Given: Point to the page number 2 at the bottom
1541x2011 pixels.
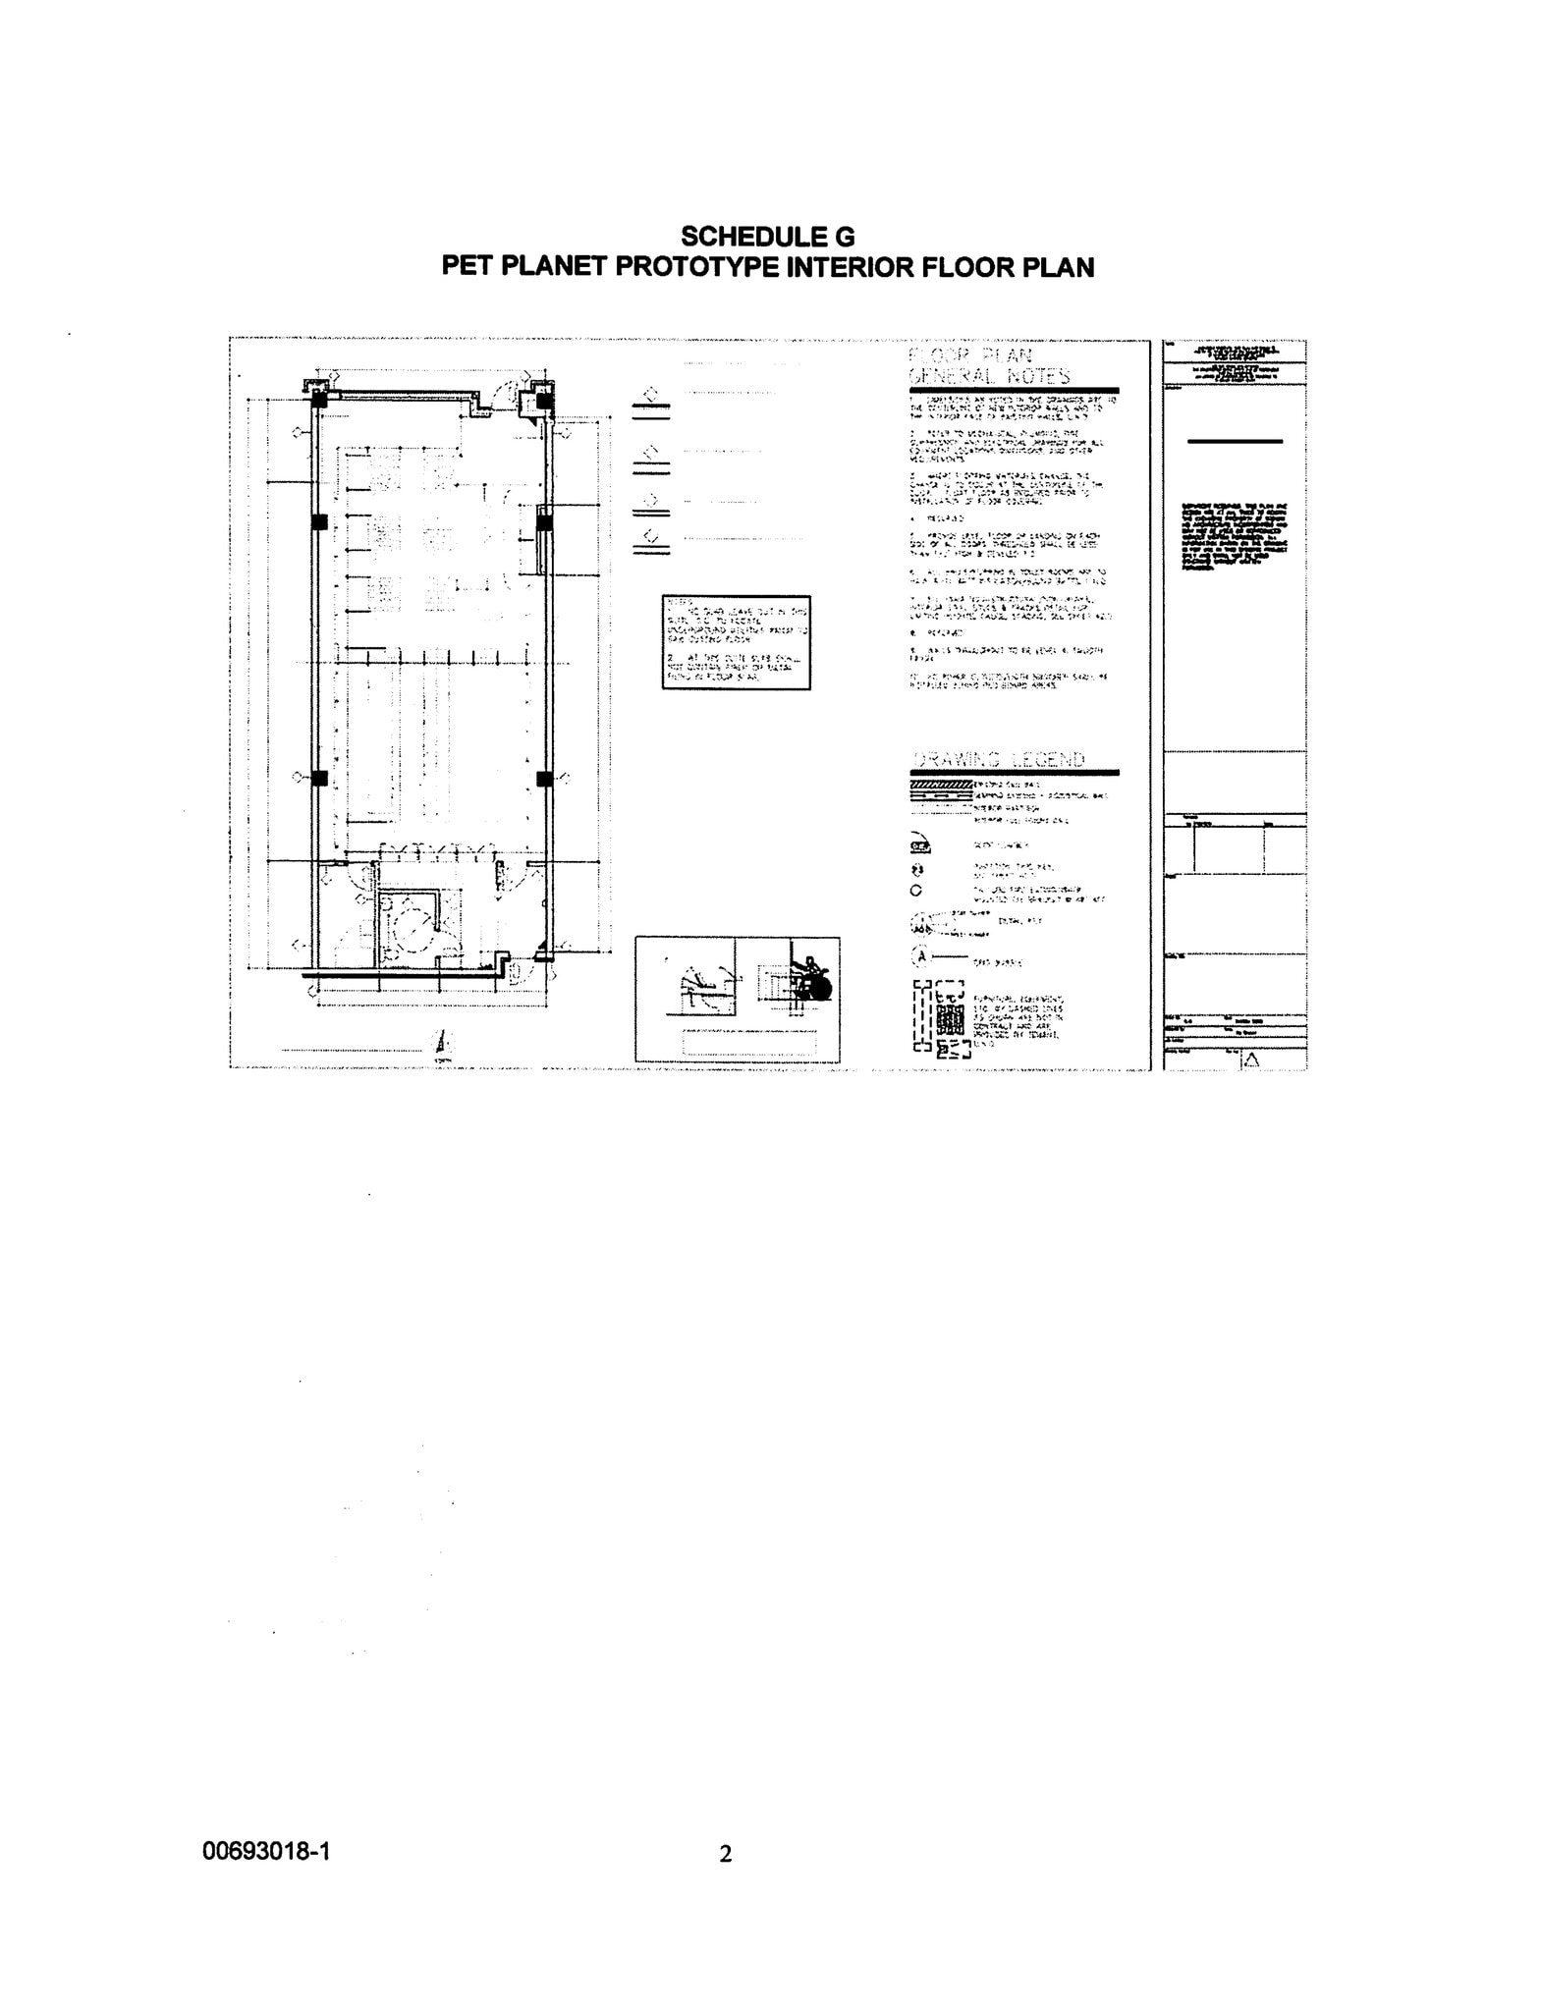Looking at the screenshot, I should tap(726, 1854).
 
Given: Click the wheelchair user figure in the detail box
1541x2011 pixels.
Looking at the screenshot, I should tap(811, 978).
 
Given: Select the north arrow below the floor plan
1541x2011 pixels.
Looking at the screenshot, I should tap(443, 1043).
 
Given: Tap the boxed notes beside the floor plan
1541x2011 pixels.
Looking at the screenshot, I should tap(736, 643).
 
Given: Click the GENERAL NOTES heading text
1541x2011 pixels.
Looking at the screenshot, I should tap(990, 376).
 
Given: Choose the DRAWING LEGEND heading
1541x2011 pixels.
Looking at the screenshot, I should tap(999, 759).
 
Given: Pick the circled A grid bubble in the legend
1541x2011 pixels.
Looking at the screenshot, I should tap(921, 954).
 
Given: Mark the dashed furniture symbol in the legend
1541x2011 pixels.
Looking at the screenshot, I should tap(940, 1018).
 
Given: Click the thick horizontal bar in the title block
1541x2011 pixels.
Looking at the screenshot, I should tap(1235, 442).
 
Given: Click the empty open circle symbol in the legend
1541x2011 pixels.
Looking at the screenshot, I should tap(916, 892).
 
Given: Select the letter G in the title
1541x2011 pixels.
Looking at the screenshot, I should tap(844, 237).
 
